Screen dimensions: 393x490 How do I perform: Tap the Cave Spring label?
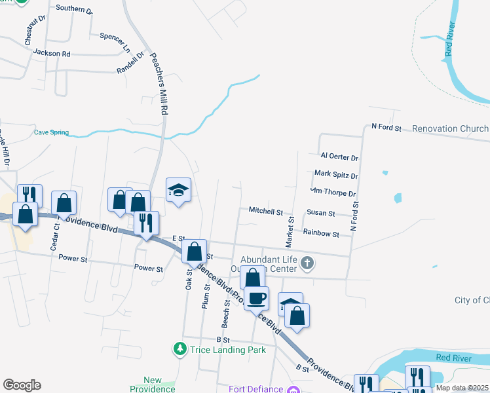coord(51,132)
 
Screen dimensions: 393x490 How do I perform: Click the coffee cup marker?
coord(256,298)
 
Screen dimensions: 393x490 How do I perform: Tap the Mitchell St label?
coord(265,212)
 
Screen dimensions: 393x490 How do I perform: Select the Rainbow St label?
coord(321,233)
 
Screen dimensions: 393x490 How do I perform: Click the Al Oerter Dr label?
coord(339,157)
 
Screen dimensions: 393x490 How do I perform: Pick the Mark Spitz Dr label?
coord(336,175)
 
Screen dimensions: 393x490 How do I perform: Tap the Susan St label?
coord(321,214)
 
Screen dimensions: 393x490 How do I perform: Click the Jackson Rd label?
coord(51,53)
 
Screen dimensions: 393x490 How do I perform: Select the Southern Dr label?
coord(74,9)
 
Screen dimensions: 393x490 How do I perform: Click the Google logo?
coord(22,385)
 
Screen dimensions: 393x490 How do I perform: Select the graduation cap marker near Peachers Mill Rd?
coord(178,191)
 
